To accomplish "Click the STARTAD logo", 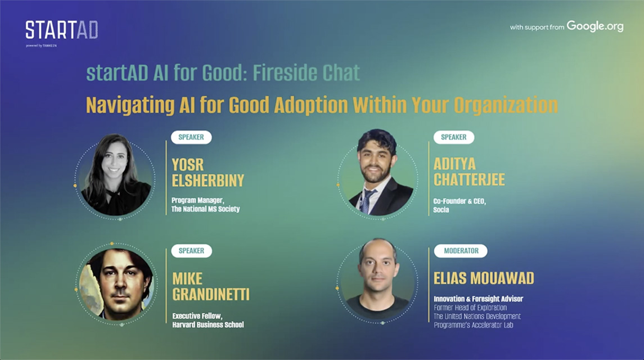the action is [x=62, y=30].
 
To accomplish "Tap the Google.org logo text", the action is [x=595, y=26].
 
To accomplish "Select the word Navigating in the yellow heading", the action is [x=130, y=106].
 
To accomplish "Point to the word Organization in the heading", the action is [x=506, y=106].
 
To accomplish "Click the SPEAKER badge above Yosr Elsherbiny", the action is [x=191, y=137].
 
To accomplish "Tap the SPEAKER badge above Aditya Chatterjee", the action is [x=454, y=137].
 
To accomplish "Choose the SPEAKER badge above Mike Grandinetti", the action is [x=191, y=251].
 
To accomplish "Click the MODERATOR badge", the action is [x=461, y=251].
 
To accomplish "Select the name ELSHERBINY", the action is [x=208, y=181].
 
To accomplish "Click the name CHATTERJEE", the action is [x=470, y=179].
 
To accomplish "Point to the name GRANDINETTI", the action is [x=211, y=294].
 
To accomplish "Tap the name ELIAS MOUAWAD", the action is [x=484, y=278].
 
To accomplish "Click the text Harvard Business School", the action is [x=208, y=325].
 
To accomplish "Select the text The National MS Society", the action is [x=205, y=209].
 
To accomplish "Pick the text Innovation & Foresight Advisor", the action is [x=479, y=299].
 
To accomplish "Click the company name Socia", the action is [x=441, y=210].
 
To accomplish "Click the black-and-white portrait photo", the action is [x=116, y=175].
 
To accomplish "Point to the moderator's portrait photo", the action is [x=378, y=280].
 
